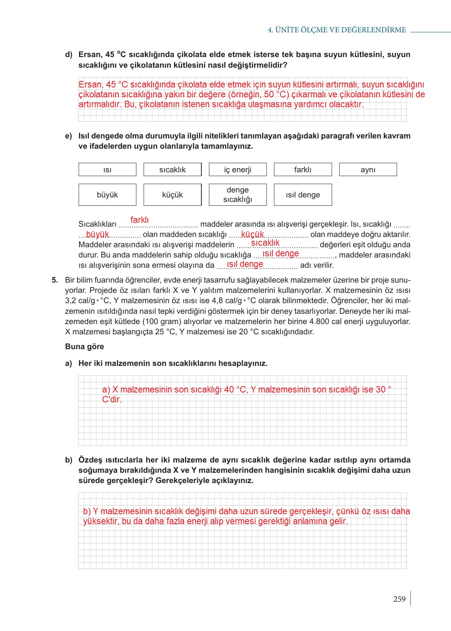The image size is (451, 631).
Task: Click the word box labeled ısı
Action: pos(107,170)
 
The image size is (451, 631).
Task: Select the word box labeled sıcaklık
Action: pos(172,170)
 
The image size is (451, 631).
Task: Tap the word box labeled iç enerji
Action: pos(237,170)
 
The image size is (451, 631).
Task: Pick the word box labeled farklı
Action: pos(302,170)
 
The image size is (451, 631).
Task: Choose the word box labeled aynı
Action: pos(367,170)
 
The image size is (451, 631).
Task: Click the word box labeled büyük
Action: pos(107,195)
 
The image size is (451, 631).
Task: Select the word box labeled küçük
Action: pos(172,195)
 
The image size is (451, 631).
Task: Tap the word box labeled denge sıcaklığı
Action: pos(237,195)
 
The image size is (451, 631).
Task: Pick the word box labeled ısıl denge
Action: pos(302,195)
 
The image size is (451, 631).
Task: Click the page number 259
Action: pos(399,599)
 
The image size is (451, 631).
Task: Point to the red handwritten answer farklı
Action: pos(139,220)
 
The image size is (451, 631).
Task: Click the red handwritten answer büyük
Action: pos(97,234)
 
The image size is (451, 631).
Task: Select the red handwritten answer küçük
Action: pos(252,234)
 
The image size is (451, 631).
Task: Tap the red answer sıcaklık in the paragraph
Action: pos(265,243)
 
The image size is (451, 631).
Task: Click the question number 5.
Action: pos(55,280)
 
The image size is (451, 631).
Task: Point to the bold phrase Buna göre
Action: pos(84,346)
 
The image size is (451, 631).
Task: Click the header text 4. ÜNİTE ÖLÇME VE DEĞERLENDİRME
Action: pos(337,30)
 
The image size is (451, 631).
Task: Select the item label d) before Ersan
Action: pos(68,55)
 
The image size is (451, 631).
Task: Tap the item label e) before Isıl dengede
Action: pos(68,136)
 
